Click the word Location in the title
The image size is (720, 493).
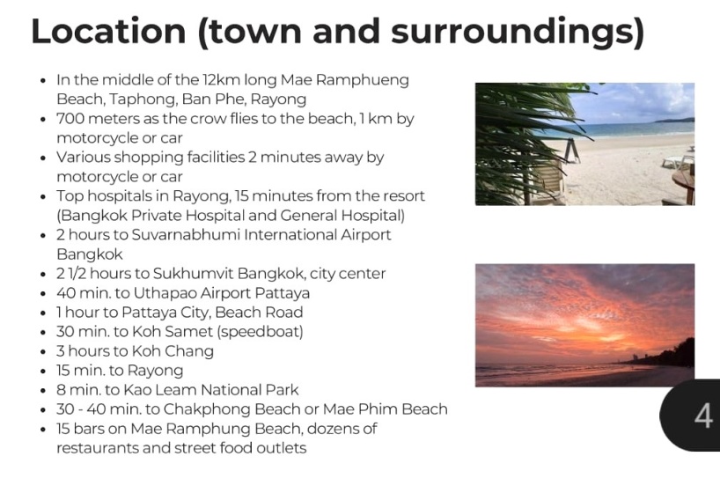[x=108, y=31]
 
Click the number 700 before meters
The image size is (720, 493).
[x=70, y=119]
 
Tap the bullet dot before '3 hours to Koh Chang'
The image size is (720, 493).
[x=43, y=352]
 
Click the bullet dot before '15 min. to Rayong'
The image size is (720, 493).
[x=43, y=372]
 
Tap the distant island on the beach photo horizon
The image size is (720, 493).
[x=675, y=121]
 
